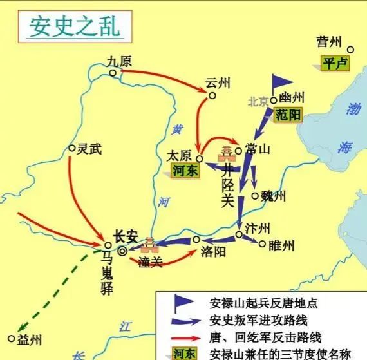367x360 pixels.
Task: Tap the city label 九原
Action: pyautogui.click(x=120, y=62)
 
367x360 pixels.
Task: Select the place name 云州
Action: pyautogui.click(x=218, y=83)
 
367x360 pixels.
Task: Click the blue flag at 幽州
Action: pyautogui.click(x=281, y=82)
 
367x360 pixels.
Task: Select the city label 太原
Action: pyautogui.click(x=180, y=155)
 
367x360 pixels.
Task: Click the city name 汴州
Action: pyautogui.click(x=257, y=226)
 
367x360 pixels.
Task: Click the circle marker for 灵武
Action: pyautogui.click(x=72, y=147)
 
